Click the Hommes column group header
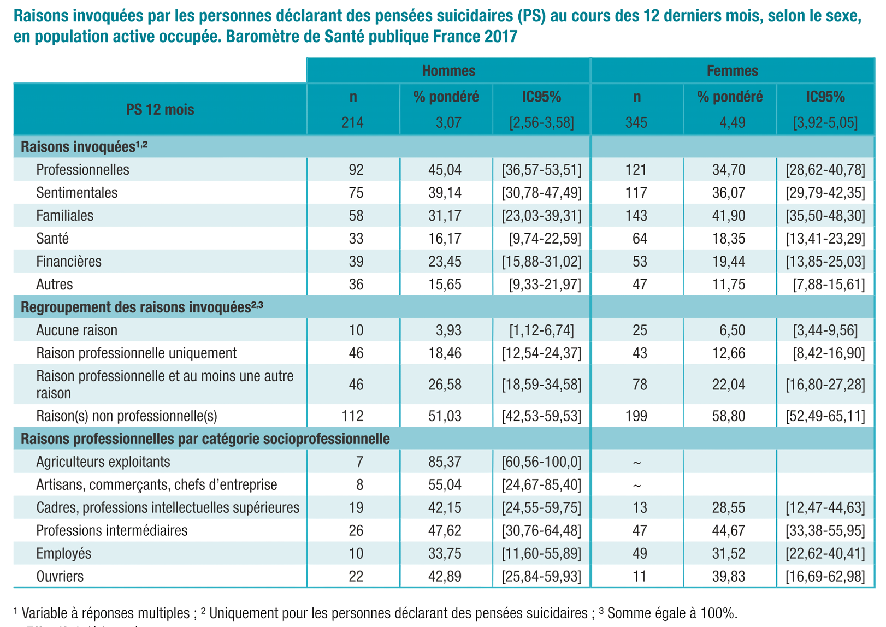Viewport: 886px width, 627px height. pos(448,71)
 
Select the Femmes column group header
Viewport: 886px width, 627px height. pos(733,71)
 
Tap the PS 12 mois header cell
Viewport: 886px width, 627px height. pos(160,110)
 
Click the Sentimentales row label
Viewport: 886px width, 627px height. pos(76,193)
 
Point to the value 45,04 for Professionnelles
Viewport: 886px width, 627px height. pos(445,170)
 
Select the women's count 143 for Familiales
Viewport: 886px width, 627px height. pos(636,216)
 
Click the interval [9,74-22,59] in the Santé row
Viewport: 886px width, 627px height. pos(545,239)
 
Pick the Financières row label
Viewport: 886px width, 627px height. pos(69,262)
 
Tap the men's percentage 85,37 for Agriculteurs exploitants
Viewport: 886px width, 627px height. pos(445,462)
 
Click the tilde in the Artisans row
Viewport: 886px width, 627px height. pos(637,486)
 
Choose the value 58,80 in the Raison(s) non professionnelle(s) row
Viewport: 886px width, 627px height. pos(729,416)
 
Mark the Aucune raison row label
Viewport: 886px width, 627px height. pos(76,330)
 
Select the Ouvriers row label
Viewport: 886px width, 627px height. pos(60,576)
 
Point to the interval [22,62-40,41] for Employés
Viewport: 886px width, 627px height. pos(825,554)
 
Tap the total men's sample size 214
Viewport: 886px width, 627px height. pos(352,123)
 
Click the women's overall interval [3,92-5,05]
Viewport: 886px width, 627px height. pos(825,123)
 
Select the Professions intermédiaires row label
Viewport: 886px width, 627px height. pos(111,530)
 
